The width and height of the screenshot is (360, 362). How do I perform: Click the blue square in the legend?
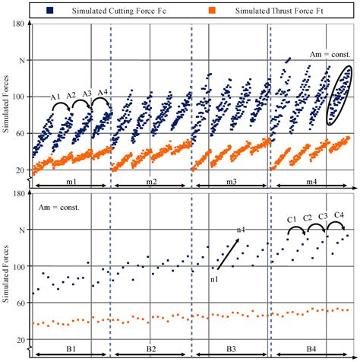coord(49,10)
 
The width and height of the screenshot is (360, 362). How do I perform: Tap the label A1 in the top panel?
coord(55,97)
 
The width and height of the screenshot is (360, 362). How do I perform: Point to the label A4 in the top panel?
coord(103,93)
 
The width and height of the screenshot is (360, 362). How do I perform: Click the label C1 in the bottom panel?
coord(291,220)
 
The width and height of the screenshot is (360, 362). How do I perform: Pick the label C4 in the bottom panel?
coord(338,216)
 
